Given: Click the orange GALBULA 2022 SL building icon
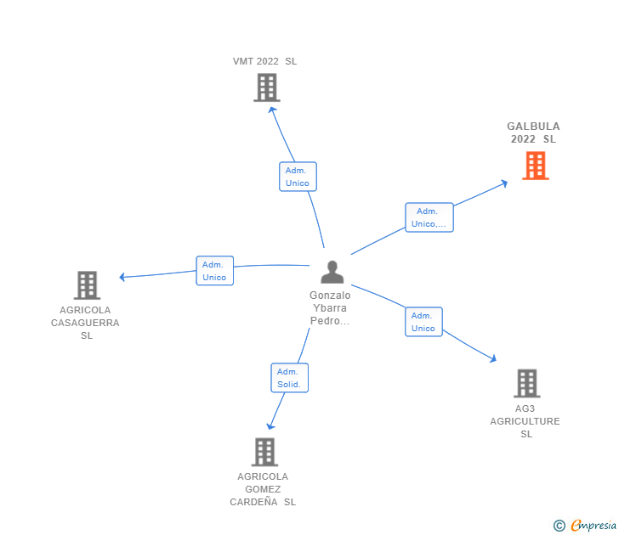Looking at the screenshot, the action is (535, 166).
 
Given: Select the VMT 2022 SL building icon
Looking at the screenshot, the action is (266, 87).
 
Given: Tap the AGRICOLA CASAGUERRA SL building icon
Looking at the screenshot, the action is (87, 285).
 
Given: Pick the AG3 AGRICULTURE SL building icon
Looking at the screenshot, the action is (526, 384).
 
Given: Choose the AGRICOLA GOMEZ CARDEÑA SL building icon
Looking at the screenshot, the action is (264, 452).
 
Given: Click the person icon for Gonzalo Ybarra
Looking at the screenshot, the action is (332, 272).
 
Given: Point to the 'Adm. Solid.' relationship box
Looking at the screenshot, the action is (289, 378).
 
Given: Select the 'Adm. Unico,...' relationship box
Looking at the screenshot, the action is (429, 217).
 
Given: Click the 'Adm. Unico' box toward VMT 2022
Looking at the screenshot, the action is (298, 177).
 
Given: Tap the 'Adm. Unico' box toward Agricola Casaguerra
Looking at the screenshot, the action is (214, 271).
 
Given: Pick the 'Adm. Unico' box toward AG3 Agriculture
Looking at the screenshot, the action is (423, 322).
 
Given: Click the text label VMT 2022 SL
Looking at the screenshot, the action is (265, 61).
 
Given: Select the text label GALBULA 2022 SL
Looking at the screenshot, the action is (534, 132).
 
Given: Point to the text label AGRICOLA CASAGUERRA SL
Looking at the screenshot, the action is (85, 323).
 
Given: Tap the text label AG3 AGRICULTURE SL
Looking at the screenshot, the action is (525, 421).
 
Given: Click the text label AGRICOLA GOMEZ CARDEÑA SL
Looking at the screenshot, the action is (263, 489).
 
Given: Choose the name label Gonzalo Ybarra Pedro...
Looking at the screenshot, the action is (330, 308).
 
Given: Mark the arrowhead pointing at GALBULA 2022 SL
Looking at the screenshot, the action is (504, 181).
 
